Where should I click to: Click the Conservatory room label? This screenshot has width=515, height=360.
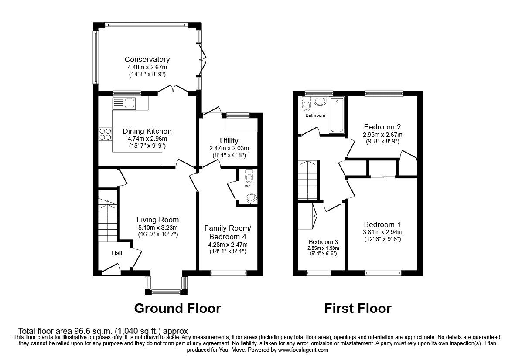point(147,59)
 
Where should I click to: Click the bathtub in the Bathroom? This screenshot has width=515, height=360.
point(337,115)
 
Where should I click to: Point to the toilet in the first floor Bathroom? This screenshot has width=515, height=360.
point(307,104)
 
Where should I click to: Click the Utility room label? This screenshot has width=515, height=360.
point(229,141)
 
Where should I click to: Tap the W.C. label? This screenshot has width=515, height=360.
point(248,187)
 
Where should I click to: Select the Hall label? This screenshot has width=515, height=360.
point(116,253)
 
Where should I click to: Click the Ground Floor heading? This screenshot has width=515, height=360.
point(177,309)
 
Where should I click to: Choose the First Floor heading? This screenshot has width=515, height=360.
point(358,309)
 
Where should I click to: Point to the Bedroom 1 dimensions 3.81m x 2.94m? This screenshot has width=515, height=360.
point(382,232)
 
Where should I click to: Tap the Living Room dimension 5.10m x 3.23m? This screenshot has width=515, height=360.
point(158,228)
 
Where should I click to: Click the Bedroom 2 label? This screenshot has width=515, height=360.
point(382,127)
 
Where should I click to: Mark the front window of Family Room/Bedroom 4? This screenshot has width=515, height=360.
point(228,272)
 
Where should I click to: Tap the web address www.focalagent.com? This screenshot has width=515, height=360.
point(303,350)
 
